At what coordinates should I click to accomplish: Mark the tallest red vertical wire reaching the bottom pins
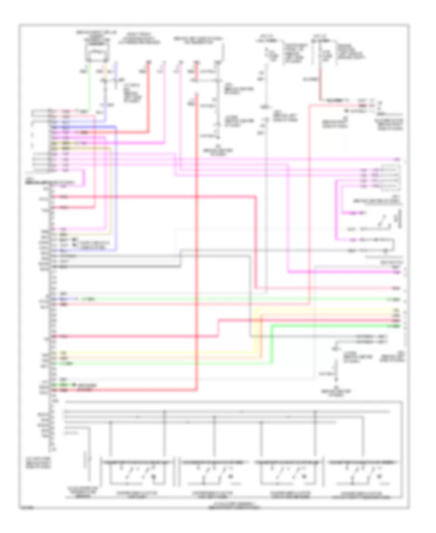(x=197, y=242)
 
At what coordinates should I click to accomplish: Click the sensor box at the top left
(x=96, y=53)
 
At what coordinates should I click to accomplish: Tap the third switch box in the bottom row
(x=291, y=470)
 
